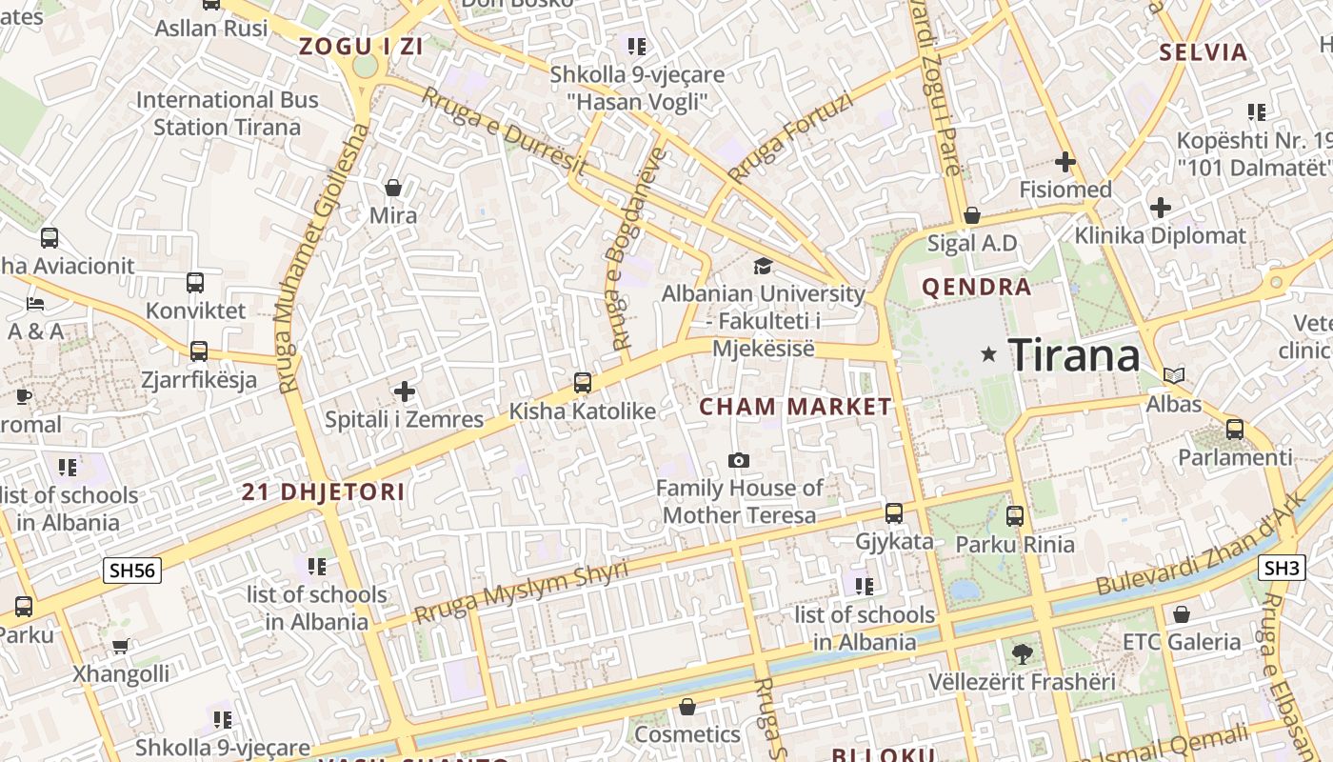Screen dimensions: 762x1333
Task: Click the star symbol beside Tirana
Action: pyautogui.click(x=989, y=354)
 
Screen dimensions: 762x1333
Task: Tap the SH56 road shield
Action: pyautogui.click(x=132, y=571)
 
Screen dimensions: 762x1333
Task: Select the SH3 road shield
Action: pyautogui.click(x=1282, y=569)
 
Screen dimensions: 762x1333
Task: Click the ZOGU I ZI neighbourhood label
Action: pyautogui.click(x=361, y=46)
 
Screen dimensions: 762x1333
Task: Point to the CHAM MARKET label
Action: pyautogui.click(x=796, y=408)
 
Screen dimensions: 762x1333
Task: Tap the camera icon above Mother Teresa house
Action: pyautogui.click(x=738, y=461)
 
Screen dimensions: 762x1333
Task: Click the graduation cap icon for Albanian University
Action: pyautogui.click(x=763, y=266)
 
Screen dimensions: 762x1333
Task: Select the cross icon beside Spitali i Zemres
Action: pyautogui.click(x=405, y=391)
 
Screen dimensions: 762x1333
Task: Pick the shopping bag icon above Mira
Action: pyautogui.click(x=392, y=188)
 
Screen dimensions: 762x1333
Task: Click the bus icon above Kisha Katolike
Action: pyautogui.click(x=583, y=383)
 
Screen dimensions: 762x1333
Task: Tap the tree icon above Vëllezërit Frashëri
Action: pyautogui.click(x=1023, y=653)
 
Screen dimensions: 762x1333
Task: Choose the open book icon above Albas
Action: pyautogui.click(x=1174, y=376)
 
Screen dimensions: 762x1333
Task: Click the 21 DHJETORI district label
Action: pyautogui.click(x=323, y=492)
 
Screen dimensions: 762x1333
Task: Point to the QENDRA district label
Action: pyautogui.click(x=977, y=287)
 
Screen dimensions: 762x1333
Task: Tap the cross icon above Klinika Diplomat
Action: pyautogui.click(x=1160, y=207)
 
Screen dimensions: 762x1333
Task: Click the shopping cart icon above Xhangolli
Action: pyautogui.click(x=121, y=647)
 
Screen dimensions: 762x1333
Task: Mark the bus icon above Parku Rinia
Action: pyautogui.click(x=1015, y=516)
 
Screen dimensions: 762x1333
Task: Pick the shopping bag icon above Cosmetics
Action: pyautogui.click(x=687, y=707)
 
